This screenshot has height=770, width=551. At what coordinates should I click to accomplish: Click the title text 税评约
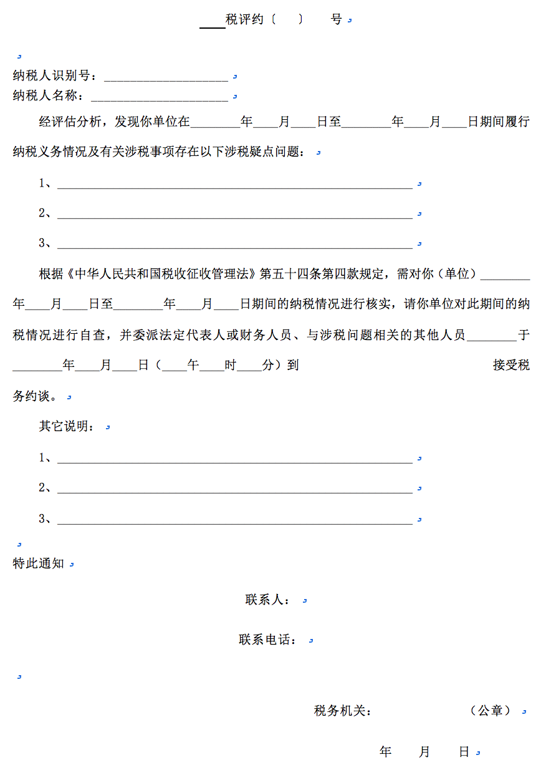coord(244,19)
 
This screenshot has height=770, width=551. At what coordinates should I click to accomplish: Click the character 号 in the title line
coord(337,19)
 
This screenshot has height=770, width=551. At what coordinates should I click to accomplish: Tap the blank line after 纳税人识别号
coord(165,77)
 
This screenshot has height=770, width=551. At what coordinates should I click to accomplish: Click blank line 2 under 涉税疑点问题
coord(234,214)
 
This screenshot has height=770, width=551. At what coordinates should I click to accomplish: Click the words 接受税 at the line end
coord(511,365)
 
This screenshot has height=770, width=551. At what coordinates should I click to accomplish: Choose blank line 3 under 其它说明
coord(234,519)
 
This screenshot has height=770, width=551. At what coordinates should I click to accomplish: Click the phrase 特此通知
coord(39,563)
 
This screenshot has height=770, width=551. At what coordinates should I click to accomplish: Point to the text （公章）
coord(491,711)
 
